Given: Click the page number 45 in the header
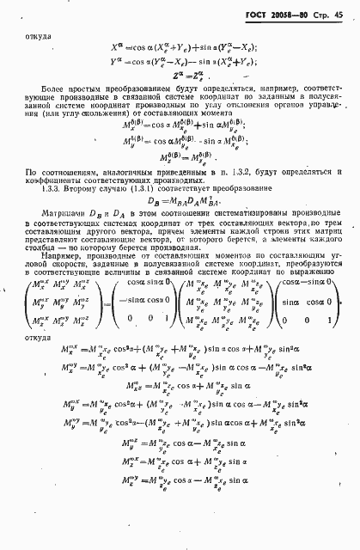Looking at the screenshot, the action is (341, 14).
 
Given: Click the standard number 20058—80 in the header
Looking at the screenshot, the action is (295, 14).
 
